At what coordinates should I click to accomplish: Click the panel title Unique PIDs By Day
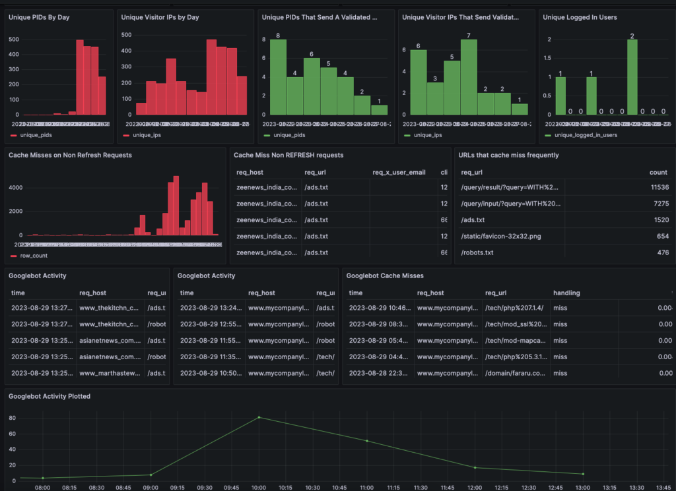(39, 17)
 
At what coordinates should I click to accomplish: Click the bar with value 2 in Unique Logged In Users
(632, 77)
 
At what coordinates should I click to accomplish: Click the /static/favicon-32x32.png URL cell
(502, 236)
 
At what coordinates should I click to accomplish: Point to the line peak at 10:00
(259, 417)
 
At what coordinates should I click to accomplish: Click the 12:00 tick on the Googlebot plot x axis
(475, 487)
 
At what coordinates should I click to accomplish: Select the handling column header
(566, 293)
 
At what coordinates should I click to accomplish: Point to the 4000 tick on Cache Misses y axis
(15, 187)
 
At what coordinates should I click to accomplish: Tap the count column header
(658, 172)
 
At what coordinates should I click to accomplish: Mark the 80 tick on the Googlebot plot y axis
(11, 418)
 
